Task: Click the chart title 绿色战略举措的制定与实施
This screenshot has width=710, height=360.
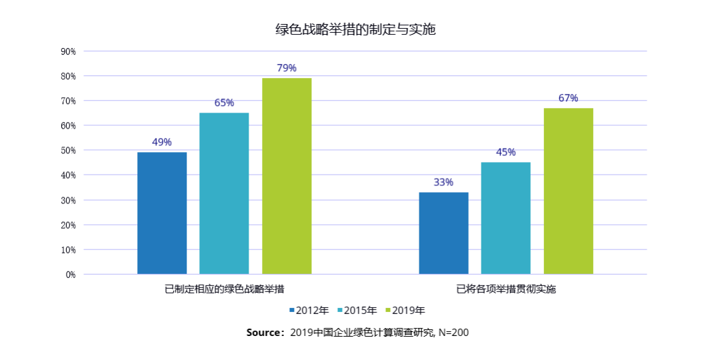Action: pos(355,29)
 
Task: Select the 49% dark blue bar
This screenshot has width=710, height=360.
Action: pos(162,213)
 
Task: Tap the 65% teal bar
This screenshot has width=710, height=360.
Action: pos(224,193)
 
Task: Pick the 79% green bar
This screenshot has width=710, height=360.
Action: pos(287,176)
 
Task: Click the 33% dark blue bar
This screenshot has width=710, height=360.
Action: pos(443,233)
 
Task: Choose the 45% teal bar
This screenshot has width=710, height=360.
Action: pos(505,218)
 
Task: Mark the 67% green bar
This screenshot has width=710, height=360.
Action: pos(568,191)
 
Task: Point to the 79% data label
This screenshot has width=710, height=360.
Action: pos(287,68)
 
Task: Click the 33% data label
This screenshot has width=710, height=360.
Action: pos(443,182)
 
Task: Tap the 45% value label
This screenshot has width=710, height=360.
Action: pos(505,152)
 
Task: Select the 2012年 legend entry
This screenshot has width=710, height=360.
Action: pos(309,310)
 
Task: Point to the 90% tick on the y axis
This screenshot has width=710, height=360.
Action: pos(68,51)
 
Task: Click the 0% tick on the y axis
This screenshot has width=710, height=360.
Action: pos(70,274)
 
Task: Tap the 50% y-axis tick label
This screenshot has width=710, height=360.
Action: pos(68,151)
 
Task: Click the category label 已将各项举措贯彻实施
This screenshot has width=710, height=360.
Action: pos(505,289)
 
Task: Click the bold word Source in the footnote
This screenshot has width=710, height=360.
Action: pos(265,332)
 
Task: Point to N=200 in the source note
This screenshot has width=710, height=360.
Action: pos(453,332)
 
